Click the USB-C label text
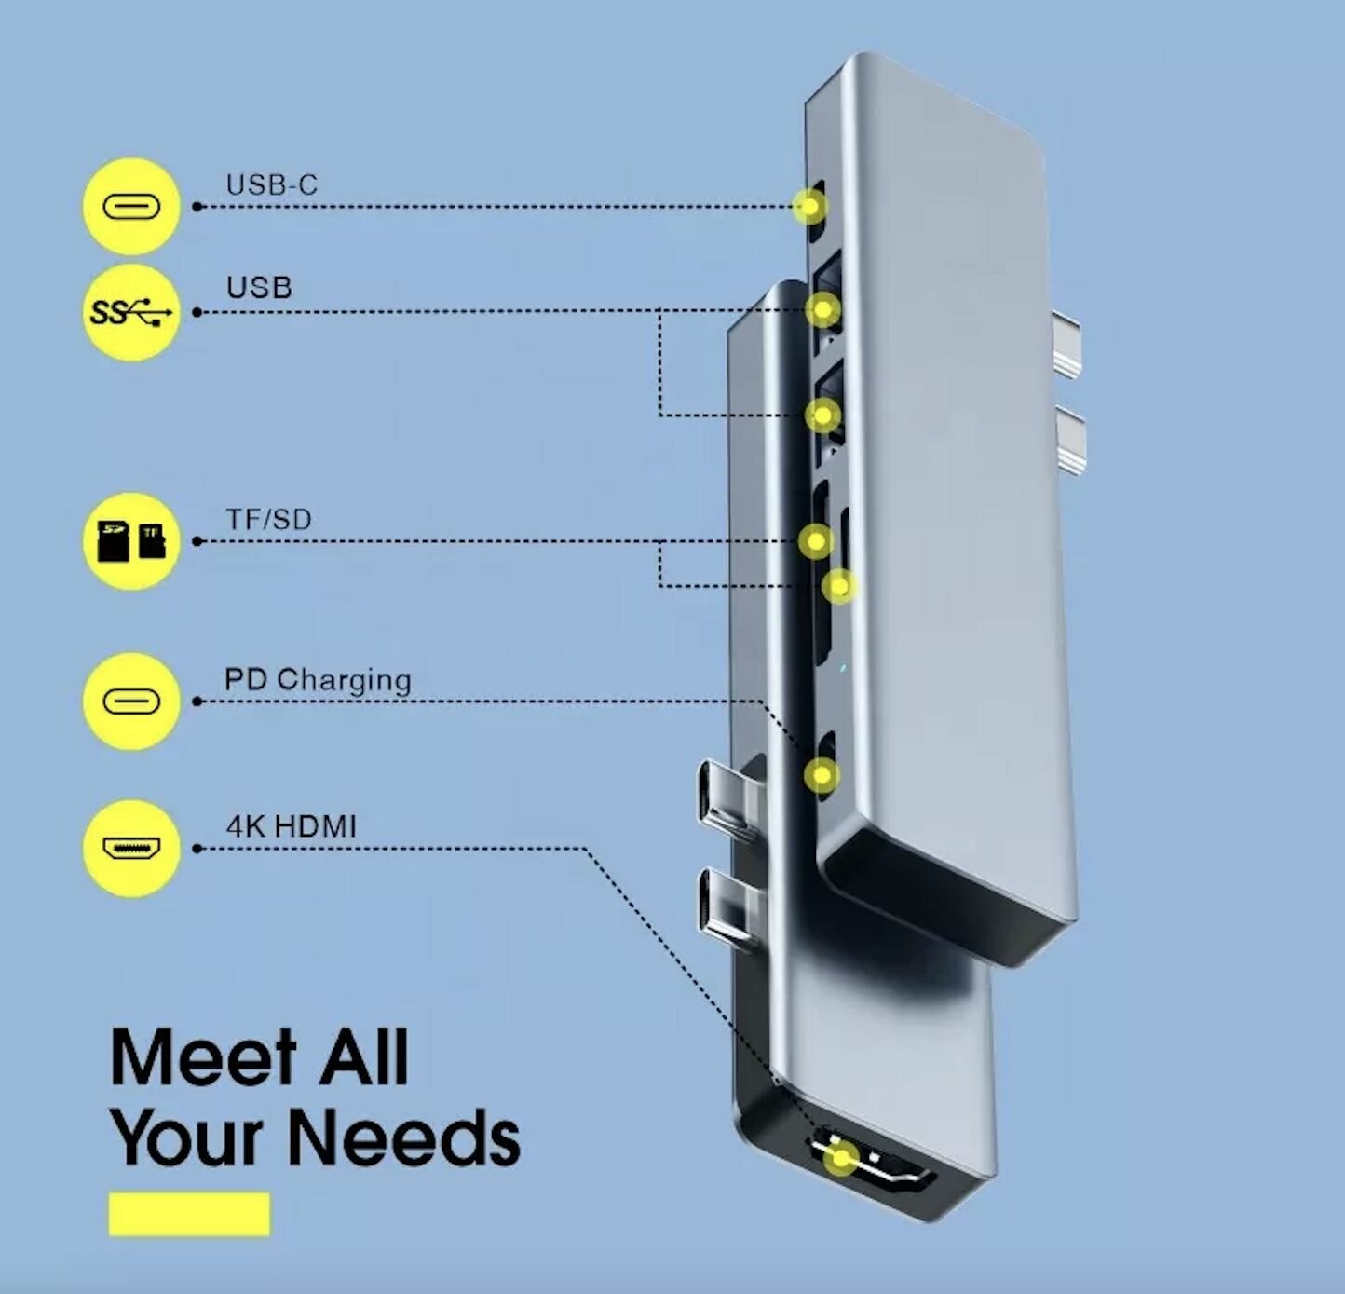pos(271,184)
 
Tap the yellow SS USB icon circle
pos(131,312)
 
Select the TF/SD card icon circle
pos(131,540)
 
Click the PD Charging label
pos(318,680)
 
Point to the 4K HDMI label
pos(291,826)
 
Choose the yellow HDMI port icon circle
pos(131,849)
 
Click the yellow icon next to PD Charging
pos(131,701)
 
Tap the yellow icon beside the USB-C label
pos(131,206)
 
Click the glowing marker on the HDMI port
pos(842,1159)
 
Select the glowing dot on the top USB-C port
pos(809,206)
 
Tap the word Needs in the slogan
pos(402,1138)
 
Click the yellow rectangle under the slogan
pos(189,1214)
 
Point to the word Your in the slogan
pos(191,1138)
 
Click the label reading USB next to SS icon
pos(259,288)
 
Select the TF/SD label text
pos(268,519)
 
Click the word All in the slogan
pos(364,1057)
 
